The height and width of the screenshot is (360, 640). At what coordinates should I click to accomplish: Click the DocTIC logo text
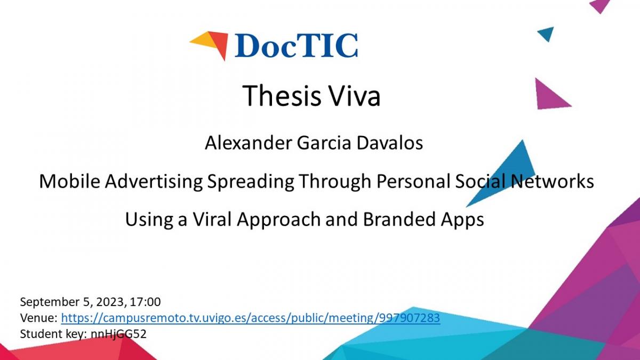click(296, 46)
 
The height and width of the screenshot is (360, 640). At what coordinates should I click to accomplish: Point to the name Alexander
click(249, 143)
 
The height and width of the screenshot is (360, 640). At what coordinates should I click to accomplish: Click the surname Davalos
click(390, 143)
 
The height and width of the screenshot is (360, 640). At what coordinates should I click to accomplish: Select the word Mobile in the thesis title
click(70, 181)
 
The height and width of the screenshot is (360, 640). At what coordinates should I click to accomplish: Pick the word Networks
click(552, 181)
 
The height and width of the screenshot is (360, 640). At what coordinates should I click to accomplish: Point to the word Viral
click(212, 219)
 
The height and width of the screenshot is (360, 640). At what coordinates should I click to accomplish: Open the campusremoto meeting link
click(251, 318)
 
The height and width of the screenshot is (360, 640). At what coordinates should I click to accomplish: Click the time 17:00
click(145, 302)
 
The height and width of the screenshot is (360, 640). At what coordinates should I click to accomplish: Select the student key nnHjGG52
click(118, 334)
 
